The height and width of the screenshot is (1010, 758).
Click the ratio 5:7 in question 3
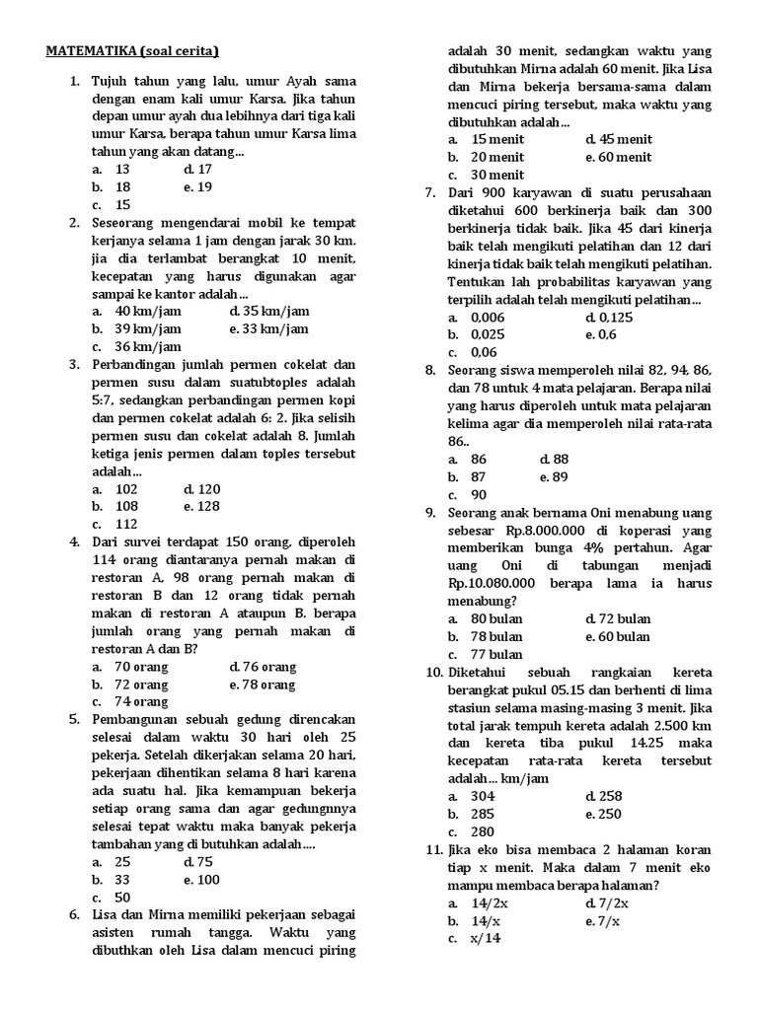(108, 400)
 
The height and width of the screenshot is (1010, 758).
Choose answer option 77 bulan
(496, 655)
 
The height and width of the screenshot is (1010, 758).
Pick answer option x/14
(487, 939)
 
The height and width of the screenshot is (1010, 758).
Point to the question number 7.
(431, 193)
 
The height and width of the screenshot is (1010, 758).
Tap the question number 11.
(432, 850)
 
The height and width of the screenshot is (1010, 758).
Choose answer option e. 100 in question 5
(201, 880)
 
